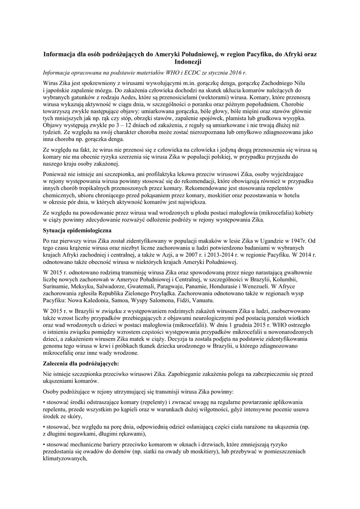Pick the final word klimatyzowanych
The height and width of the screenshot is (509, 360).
pyautogui.click(x=65, y=459)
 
